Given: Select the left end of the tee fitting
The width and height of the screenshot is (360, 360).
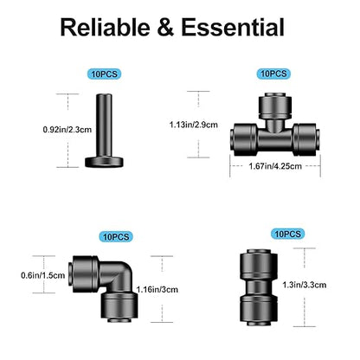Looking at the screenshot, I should [x=243, y=138].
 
